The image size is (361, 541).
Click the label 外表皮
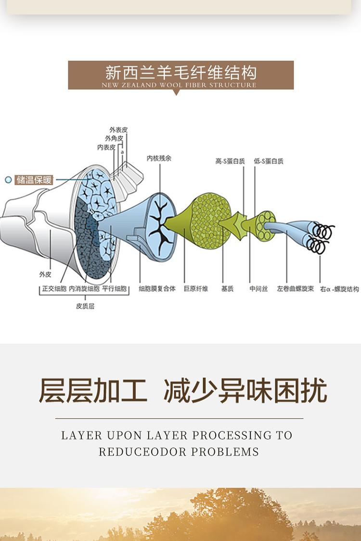pos(118,130)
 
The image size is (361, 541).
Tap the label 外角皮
pos(114,139)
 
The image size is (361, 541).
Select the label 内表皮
pos(106,147)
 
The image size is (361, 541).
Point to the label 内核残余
pos(159,158)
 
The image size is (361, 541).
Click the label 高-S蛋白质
pos(230,161)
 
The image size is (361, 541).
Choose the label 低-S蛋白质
pos(269,161)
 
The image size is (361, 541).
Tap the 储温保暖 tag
pos(34,180)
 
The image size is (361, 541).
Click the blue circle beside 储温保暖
pos(8,180)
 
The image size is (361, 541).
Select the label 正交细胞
pos(54,289)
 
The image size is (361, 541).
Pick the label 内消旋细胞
pos(84,289)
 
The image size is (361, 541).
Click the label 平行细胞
pos(115,289)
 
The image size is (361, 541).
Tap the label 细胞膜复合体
pos(157,289)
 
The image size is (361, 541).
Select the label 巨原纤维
pos(196,289)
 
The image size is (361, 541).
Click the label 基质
pos(227,289)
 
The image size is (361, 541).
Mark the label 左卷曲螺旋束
pos(296,289)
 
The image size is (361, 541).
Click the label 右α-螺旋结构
pos(339,289)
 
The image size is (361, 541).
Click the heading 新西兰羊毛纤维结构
pos(180,73)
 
